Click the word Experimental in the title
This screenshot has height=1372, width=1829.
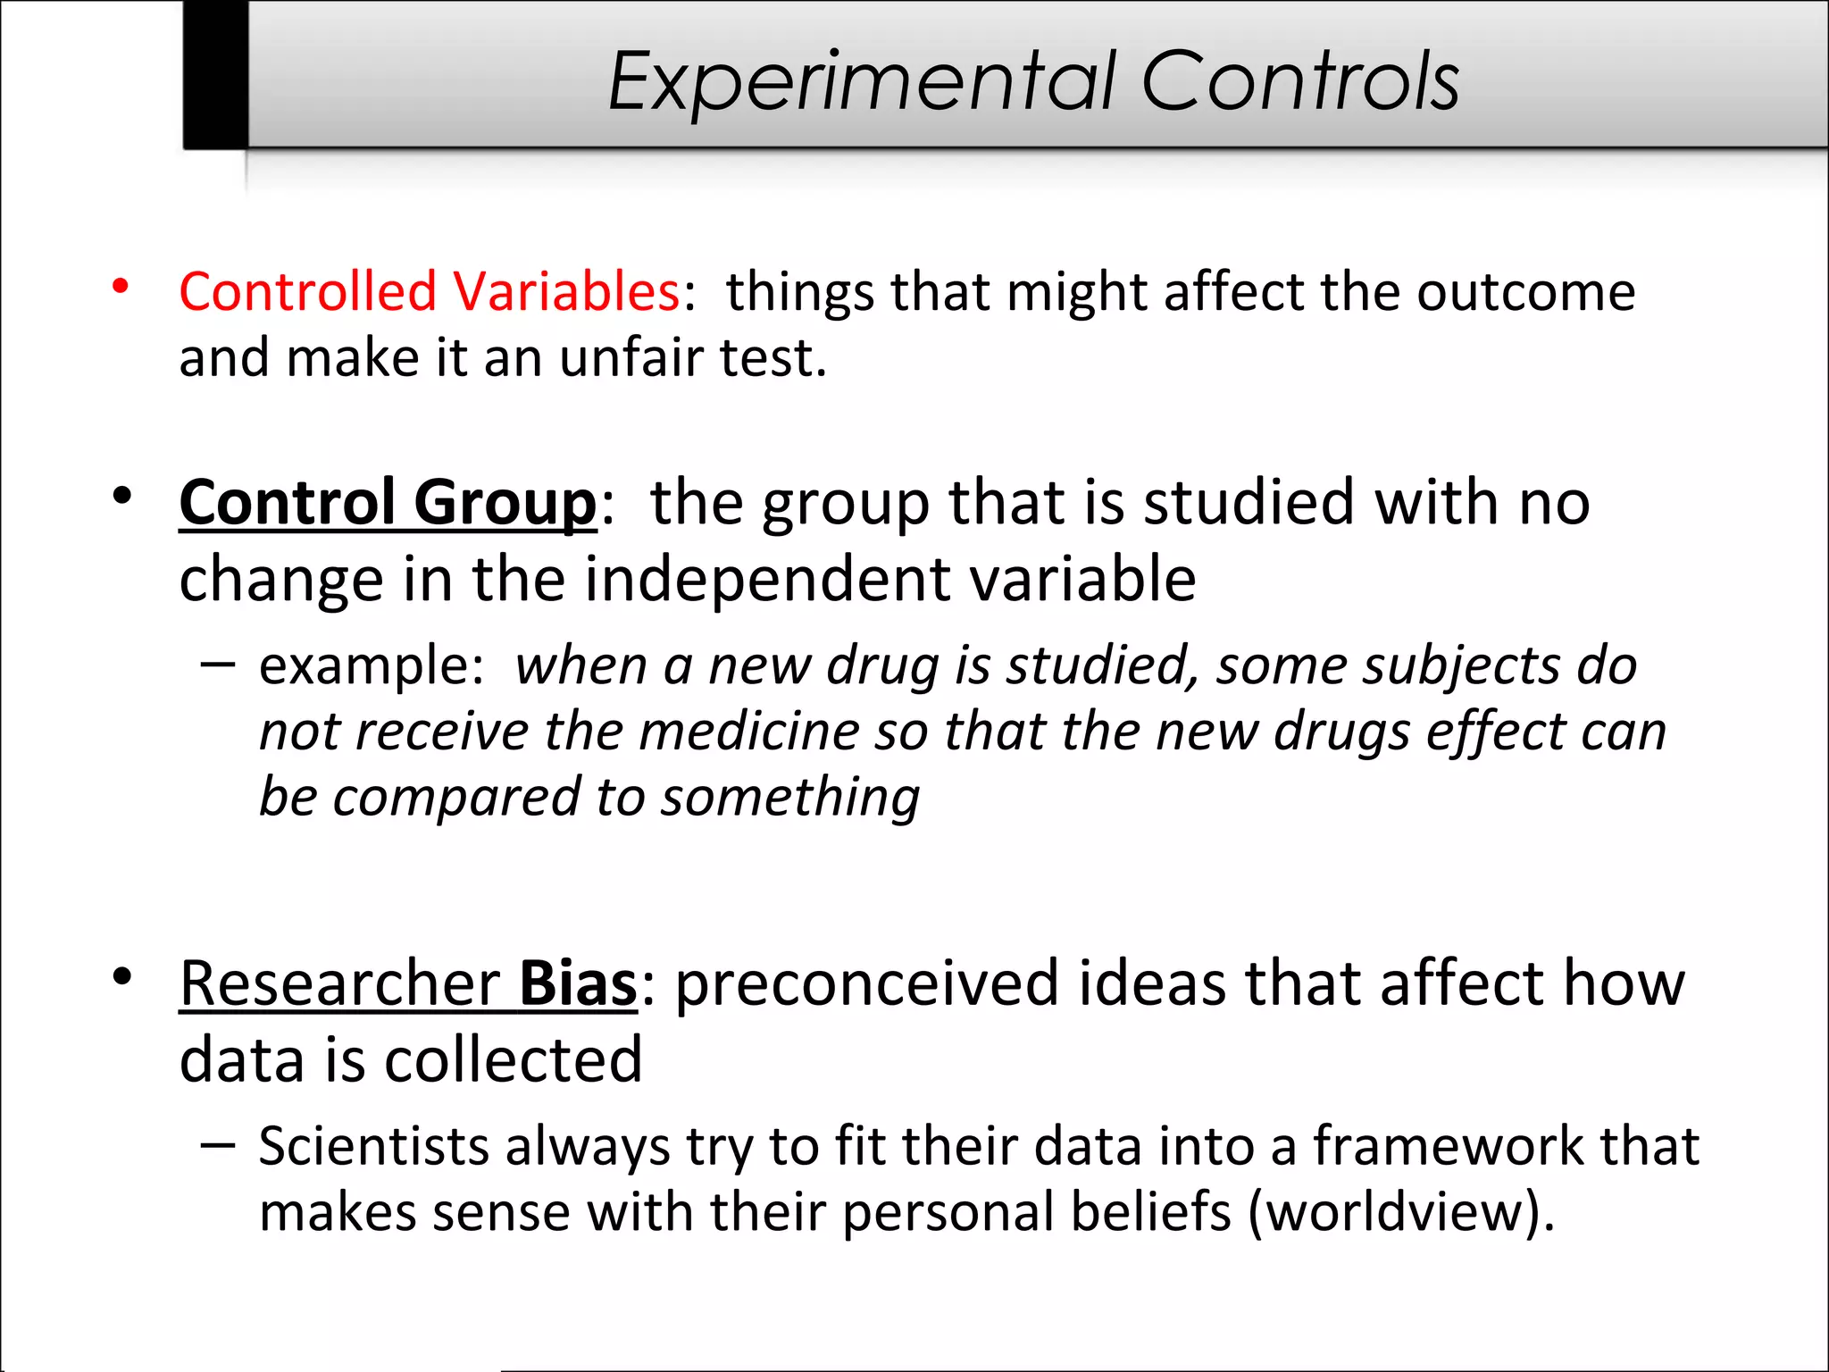pos(863,82)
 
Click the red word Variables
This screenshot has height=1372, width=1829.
pos(566,291)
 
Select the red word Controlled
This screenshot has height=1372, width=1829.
pos(308,291)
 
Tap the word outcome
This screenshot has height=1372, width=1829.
pos(1525,291)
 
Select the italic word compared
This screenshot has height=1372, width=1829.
pos(455,797)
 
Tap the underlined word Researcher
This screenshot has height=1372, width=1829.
pos(339,983)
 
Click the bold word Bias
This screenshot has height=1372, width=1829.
pos(578,983)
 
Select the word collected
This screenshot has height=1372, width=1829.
pos(513,1059)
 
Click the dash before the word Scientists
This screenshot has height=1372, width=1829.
pos(218,1143)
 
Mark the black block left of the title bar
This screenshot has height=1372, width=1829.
pos(215,74)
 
